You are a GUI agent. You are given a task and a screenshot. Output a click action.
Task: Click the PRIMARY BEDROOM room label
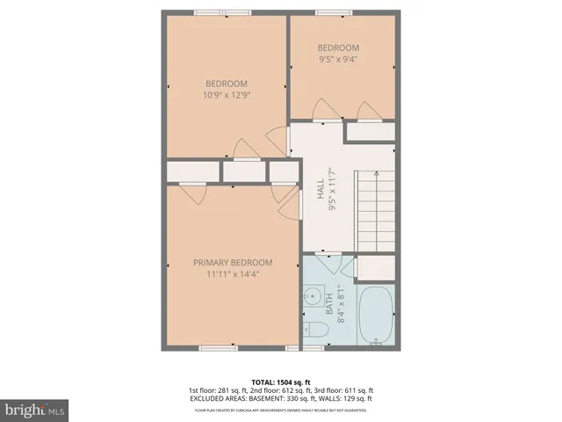click(233, 262)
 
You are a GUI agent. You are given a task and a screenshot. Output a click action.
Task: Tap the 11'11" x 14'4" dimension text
click(233, 273)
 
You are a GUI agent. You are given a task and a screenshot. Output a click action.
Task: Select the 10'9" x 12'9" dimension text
click(227, 96)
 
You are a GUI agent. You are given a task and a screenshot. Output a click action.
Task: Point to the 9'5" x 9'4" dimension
click(338, 60)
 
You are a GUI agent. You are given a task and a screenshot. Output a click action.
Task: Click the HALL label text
click(320, 191)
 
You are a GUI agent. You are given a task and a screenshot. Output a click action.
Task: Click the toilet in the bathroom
click(317, 328)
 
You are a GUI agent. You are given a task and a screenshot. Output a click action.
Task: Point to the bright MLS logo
click(35, 409)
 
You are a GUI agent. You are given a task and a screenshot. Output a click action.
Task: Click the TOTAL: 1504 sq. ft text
click(281, 381)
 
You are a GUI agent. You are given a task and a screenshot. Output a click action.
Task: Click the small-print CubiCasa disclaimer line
click(281, 410)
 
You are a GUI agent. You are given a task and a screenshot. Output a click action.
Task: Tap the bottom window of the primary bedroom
click(218, 348)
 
